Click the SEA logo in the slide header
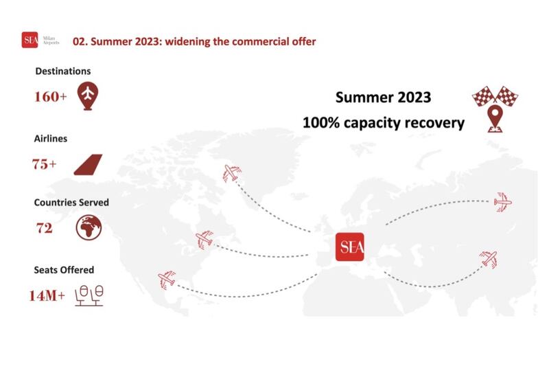(30, 40)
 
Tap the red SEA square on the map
(349, 247)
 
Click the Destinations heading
(63, 71)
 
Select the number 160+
(50, 97)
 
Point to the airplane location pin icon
(88, 96)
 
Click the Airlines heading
(51, 139)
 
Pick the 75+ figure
(45, 164)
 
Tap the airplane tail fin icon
(88, 164)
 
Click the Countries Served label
(71, 203)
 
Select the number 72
(45, 228)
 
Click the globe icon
(89, 228)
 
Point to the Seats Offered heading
(64, 270)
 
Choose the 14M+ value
(47, 295)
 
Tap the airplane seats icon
(89, 296)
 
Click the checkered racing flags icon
(495, 95)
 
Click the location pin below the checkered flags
(495, 119)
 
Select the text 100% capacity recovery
(384, 123)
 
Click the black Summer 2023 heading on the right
(383, 97)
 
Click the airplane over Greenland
(232, 173)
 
